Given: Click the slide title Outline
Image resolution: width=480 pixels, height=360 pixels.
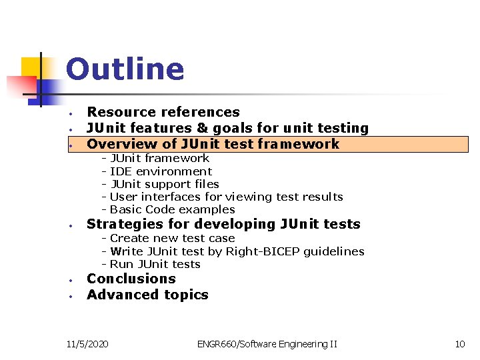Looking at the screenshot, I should (125, 69).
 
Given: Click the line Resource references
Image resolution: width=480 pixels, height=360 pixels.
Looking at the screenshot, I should (163, 112).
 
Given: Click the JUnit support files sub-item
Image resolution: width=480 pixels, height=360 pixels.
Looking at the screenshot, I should (164, 184).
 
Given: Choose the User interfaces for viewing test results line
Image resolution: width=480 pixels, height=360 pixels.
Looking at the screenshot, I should (226, 197).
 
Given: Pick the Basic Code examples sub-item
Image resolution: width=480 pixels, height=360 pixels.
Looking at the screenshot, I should (172, 209).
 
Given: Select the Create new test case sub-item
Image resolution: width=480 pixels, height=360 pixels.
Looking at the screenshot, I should (172, 238).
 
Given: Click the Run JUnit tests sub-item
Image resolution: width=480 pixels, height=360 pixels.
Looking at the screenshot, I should (155, 264).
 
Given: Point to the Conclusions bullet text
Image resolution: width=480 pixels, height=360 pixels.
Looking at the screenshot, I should (131, 279).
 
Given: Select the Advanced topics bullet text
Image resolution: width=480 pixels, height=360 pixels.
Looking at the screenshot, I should (147, 295).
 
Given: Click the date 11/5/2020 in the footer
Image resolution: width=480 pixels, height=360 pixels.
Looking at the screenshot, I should (89, 344).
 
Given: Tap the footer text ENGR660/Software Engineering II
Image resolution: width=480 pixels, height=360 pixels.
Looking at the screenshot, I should (267, 344).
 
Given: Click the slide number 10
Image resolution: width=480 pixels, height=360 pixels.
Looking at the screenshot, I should (459, 344).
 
